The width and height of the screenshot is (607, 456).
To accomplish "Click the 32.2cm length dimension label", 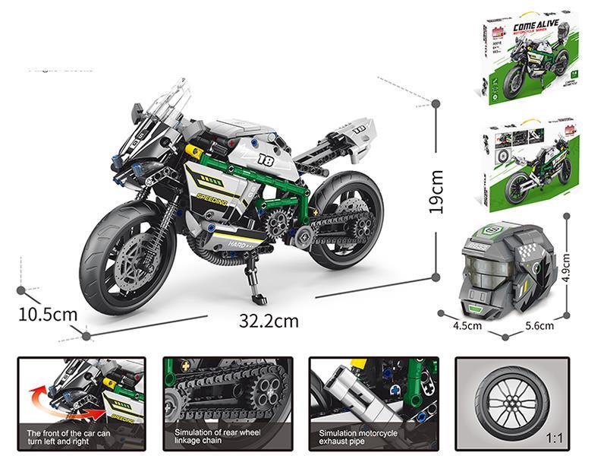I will click(269, 321).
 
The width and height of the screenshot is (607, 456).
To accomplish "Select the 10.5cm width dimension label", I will click(48, 313).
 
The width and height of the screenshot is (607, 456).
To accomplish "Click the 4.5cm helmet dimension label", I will click(467, 326).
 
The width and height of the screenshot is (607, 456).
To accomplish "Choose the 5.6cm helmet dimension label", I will click(539, 326).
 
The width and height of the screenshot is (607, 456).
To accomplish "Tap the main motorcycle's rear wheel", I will click(345, 220).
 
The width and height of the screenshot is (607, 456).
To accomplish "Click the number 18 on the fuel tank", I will click(265, 160).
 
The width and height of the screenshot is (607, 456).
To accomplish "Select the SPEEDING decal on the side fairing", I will click(212, 200).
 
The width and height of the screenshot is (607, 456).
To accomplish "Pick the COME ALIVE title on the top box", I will click(536, 28).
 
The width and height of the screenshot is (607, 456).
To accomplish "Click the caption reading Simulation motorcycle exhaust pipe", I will click(362, 435).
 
